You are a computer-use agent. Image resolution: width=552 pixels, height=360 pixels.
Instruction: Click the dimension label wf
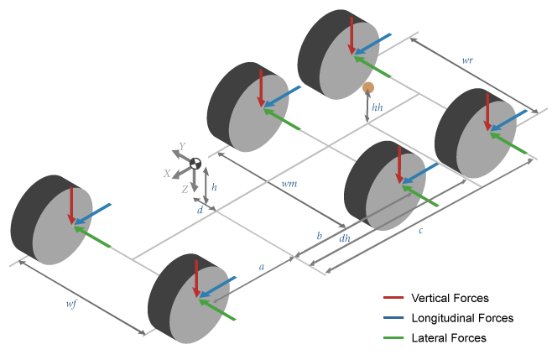tap(71, 304)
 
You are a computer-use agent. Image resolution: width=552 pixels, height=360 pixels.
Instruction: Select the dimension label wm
tap(289, 182)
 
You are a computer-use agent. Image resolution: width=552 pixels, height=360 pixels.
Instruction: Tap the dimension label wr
tap(468, 61)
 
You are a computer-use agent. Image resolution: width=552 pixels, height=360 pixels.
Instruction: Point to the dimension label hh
tap(378, 108)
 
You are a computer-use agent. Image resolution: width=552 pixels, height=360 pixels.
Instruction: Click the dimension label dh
tap(344, 239)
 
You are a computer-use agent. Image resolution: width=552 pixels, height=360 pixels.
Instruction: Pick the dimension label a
tap(262, 266)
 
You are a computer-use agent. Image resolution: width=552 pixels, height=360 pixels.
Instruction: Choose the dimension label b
tap(319, 237)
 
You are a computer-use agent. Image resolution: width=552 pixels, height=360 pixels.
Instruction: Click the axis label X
tap(168, 174)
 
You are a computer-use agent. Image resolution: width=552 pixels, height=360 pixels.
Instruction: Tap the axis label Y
tap(182, 147)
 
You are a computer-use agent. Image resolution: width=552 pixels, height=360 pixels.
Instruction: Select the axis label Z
tap(185, 190)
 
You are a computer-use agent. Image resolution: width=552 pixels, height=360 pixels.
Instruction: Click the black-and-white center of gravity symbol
tap(195, 164)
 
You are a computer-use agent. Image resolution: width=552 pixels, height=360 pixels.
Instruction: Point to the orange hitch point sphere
tap(367, 87)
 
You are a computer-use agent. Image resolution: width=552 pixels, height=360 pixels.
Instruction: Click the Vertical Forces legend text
tap(450, 298)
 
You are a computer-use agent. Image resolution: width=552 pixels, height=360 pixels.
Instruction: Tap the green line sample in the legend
tap(393, 337)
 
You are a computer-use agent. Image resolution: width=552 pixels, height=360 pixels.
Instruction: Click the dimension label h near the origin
tap(214, 187)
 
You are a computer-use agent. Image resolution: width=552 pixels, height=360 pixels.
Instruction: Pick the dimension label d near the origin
tap(200, 210)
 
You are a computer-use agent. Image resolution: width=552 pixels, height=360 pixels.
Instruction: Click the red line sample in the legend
tap(393, 298)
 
